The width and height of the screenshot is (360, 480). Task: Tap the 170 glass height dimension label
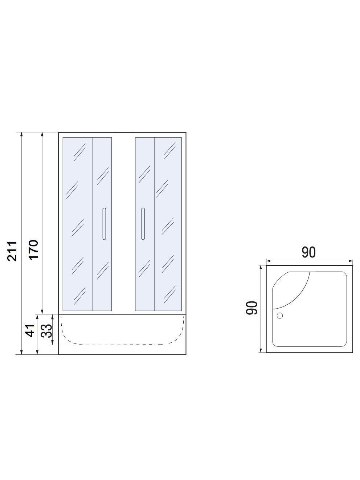coord(34,250)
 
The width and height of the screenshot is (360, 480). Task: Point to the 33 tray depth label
coord(47,331)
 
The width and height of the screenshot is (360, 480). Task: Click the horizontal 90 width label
coord(308,252)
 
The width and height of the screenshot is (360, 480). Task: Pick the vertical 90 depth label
coord(251,308)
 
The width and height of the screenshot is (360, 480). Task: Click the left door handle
coord(104,224)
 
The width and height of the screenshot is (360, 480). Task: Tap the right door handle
coord(143,224)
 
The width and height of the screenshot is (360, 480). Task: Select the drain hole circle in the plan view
coord(279,316)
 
